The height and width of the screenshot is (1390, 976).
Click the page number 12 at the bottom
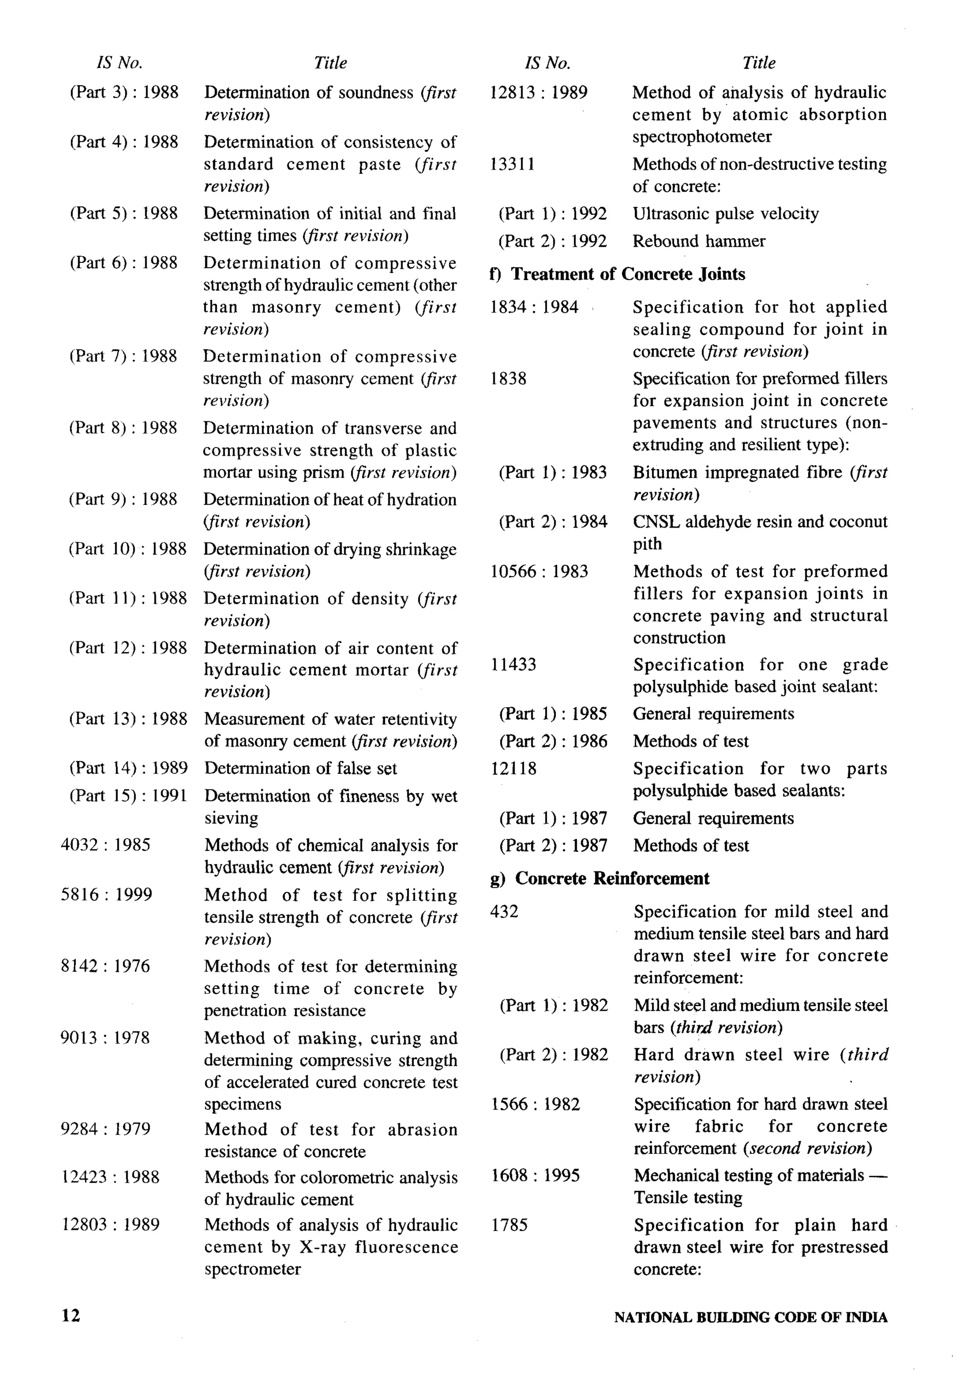(70, 1316)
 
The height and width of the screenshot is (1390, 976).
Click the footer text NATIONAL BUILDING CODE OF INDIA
(750, 1317)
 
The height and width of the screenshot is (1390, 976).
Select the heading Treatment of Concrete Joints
(628, 274)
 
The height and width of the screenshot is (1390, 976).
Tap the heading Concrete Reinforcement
(612, 879)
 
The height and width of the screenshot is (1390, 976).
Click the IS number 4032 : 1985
(105, 845)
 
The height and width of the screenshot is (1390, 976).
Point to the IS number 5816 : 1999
(106, 895)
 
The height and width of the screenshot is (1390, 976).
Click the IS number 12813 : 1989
(538, 93)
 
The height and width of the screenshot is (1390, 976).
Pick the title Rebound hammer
(699, 241)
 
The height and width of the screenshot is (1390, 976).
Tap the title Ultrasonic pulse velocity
(725, 214)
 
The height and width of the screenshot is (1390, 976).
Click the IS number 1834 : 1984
(534, 307)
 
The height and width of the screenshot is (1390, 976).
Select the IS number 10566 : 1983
(539, 571)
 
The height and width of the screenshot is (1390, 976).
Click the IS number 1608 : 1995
(535, 1176)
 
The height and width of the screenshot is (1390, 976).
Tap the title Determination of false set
(301, 768)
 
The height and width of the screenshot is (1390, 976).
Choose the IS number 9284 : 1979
(105, 1129)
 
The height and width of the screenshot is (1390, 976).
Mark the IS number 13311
(512, 164)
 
